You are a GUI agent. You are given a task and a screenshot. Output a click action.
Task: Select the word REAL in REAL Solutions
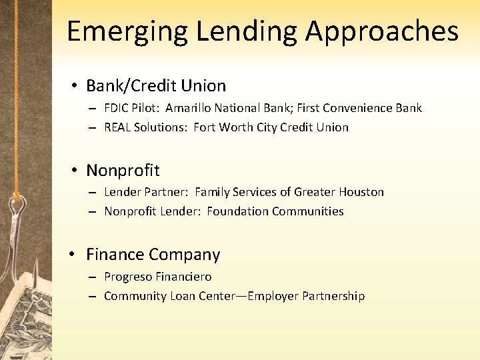coord(117,127)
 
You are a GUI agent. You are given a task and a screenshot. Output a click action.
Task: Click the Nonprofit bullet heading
coord(123,171)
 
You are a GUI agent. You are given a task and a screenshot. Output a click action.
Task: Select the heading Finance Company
coord(153,255)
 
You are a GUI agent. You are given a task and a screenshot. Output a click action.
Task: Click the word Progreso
coord(128,277)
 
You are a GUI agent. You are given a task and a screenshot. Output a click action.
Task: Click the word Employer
coord(273,296)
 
